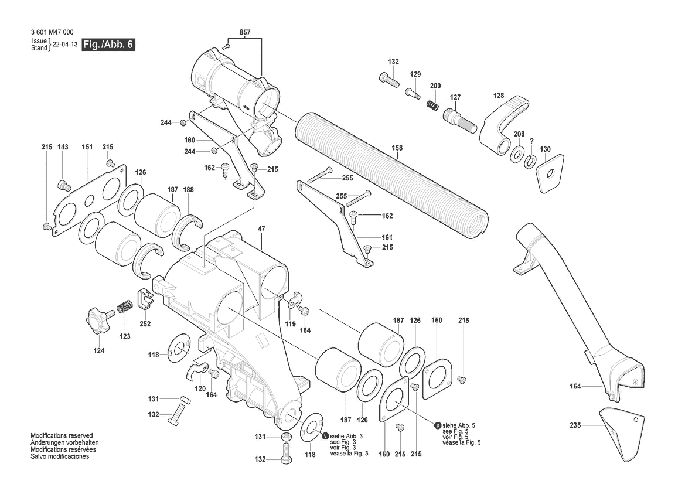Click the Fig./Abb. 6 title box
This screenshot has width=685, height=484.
[108, 45]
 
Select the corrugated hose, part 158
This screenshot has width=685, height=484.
[389, 176]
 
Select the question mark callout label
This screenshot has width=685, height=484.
[531, 141]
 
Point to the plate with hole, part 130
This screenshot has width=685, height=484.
[549, 172]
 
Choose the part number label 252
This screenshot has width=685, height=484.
[145, 324]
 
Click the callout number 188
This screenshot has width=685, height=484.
[188, 189]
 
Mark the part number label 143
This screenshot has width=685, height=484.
[63, 146]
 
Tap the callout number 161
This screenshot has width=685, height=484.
[387, 237]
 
